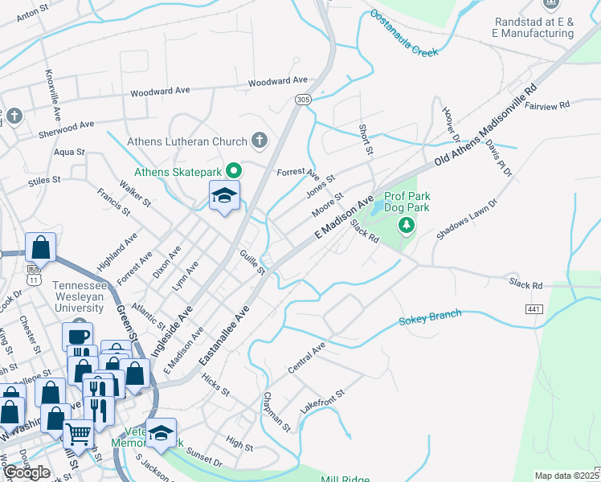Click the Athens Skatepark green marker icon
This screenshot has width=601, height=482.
[234, 170]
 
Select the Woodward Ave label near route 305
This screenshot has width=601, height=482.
[278, 81]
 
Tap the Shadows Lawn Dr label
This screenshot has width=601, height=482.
[468, 220]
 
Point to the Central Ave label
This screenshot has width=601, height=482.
[307, 358]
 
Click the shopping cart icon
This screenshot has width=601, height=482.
[78, 434]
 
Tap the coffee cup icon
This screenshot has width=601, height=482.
[78, 336]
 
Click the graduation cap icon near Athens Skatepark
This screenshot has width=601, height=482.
[225, 195]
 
